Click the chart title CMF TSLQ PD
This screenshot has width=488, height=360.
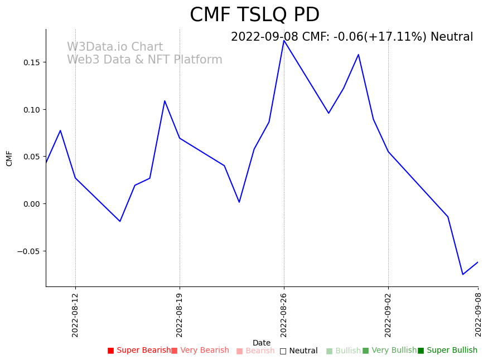[x=254, y=15]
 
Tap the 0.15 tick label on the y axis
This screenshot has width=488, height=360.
[x=31, y=62]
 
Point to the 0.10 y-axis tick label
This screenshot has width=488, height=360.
[x=31, y=110]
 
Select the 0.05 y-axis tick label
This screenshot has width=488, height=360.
[x=31, y=157]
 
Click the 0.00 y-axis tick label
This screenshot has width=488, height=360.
[x=31, y=204]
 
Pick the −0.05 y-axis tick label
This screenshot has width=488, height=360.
[x=29, y=251]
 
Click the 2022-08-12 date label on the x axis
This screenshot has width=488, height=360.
[x=75, y=315]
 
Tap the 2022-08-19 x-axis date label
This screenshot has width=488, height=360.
[x=180, y=315]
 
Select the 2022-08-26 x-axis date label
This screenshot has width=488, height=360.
[x=284, y=315]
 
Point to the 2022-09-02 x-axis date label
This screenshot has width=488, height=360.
[x=388, y=315]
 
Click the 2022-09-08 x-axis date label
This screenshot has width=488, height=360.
[x=478, y=315]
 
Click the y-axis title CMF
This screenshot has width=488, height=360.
[x=9, y=158]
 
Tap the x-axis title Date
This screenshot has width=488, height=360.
[x=262, y=343]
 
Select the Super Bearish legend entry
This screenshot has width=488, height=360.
[x=139, y=351]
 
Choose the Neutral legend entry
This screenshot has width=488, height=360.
[x=299, y=351]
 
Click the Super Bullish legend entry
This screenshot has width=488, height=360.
[x=448, y=351]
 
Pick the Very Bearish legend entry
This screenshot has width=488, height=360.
[x=200, y=351]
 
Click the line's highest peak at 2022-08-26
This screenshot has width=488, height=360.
[x=284, y=40]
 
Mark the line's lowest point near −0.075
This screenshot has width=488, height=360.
[x=462, y=274]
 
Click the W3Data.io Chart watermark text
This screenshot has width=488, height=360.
[x=115, y=47]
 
